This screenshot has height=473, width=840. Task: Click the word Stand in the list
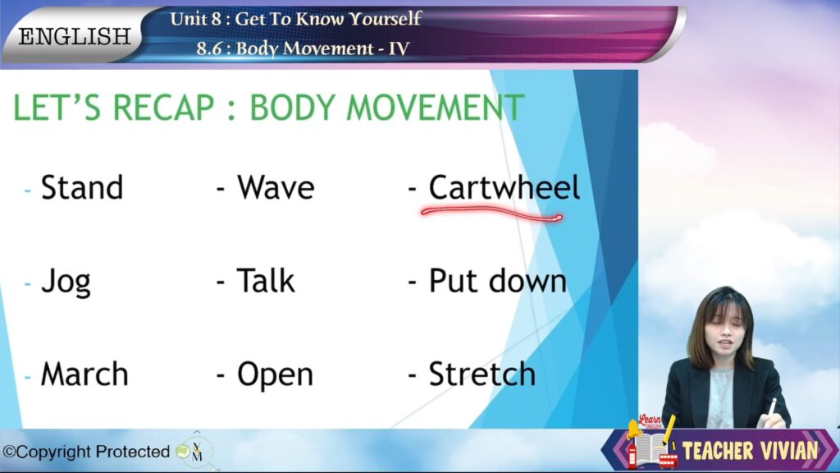tap(82, 187)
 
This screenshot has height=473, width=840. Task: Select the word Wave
tap(276, 187)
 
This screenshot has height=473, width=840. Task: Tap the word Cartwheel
tap(504, 187)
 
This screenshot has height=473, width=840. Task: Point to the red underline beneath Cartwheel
tap(491, 214)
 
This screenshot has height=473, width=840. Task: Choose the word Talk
tap(266, 280)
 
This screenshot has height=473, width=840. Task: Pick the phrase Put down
tap(498, 280)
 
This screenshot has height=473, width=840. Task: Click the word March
tap(84, 374)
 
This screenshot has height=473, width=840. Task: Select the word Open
tap(275, 375)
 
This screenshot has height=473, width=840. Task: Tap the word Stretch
tap(482, 374)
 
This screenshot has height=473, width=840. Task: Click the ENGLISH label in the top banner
tap(75, 36)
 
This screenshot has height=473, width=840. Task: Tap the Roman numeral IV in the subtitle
tap(399, 48)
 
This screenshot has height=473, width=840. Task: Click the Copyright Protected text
tap(86, 452)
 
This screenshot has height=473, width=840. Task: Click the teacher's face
tap(725, 332)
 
